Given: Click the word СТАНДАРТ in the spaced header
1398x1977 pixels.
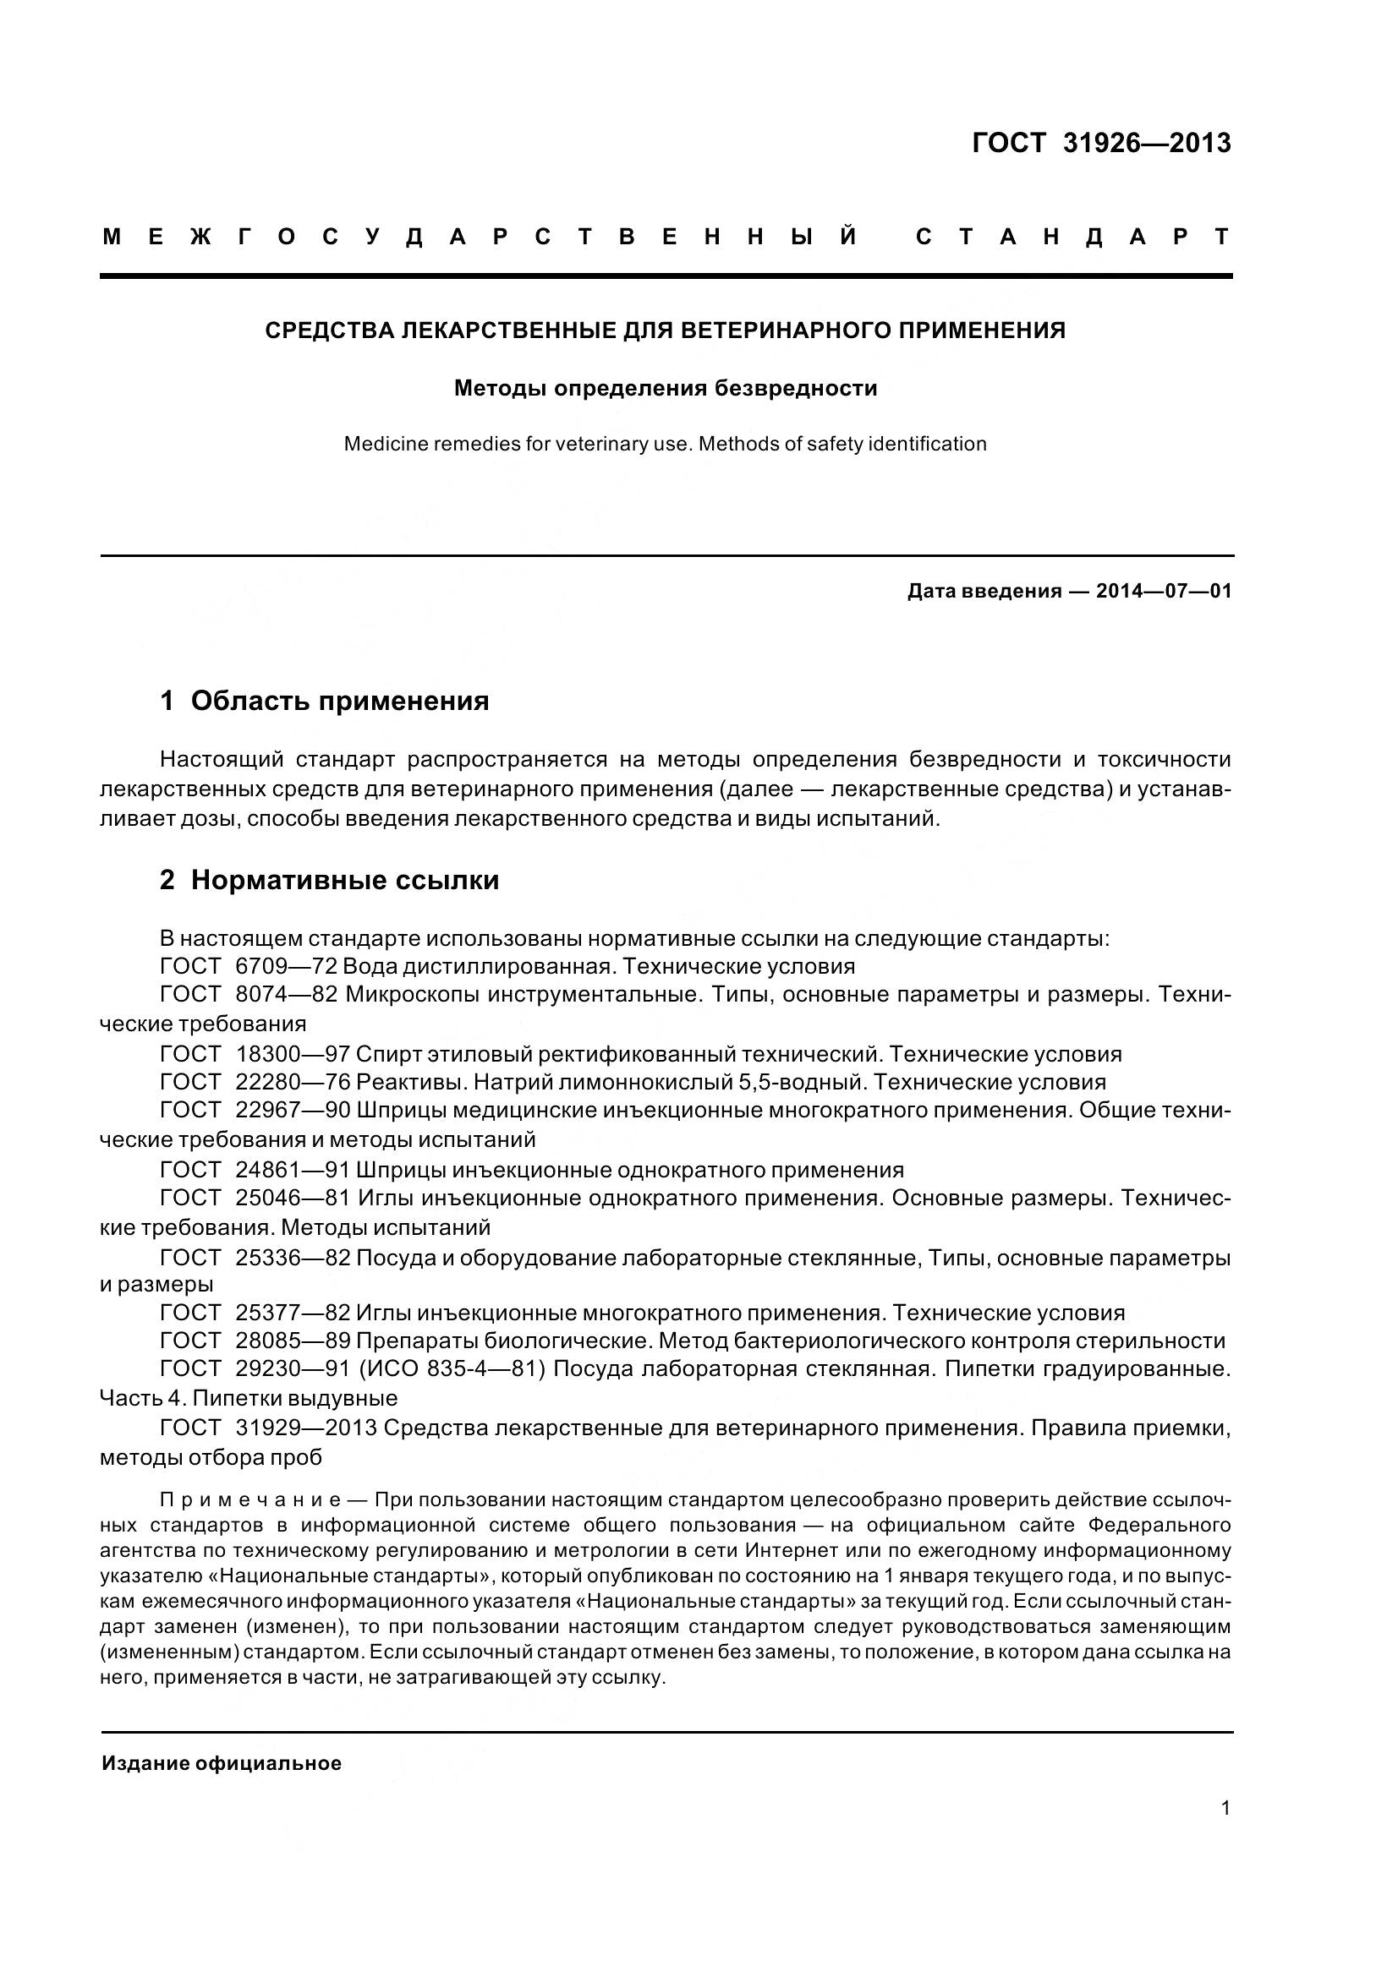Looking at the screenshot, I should point(1072,237).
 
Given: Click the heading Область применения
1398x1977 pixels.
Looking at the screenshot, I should point(339,701).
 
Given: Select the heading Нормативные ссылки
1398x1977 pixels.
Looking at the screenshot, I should point(344,880).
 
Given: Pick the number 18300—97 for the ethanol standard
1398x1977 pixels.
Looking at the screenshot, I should point(292,1054).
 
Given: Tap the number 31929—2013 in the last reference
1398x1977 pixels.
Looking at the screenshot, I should point(306,1428).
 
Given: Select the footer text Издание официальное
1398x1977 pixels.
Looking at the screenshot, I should point(222,1762).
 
